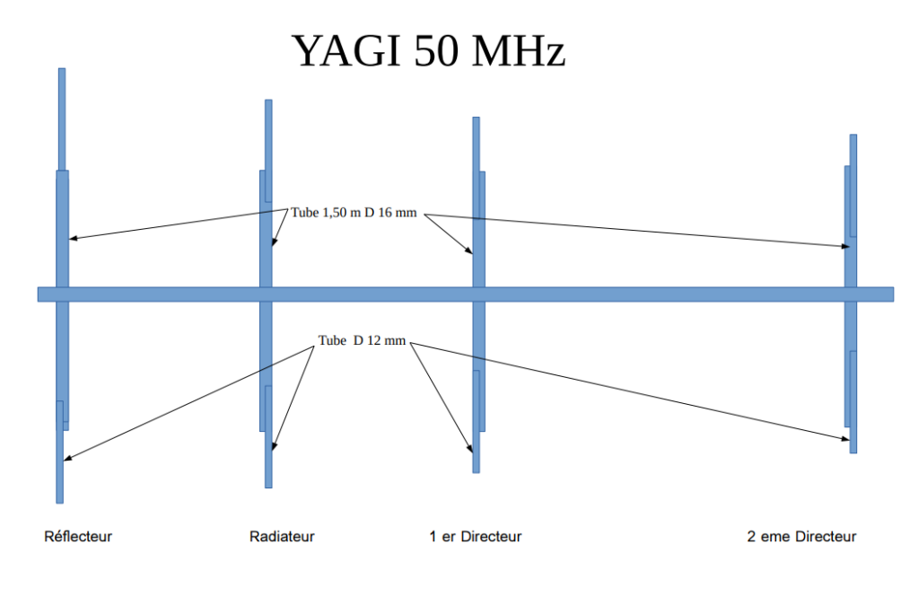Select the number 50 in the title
[x=437, y=51]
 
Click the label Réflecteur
[x=78, y=537]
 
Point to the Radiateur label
[x=282, y=537]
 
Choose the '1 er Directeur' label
[x=475, y=537]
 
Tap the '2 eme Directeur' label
[x=801, y=537]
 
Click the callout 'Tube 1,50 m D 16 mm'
[x=354, y=213]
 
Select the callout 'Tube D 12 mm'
[x=362, y=341]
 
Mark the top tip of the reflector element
[x=62, y=70]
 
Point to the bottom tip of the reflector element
[x=59, y=501]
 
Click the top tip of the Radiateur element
[x=268, y=101]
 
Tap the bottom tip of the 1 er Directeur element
[x=476, y=470]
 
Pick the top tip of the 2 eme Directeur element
[x=853, y=136]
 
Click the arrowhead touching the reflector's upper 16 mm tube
[x=72, y=239]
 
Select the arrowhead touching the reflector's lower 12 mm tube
[x=66, y=460]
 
